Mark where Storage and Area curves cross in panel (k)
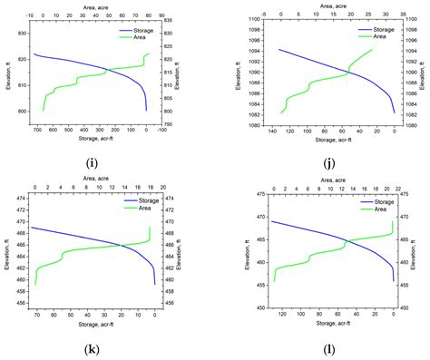coord(122,245)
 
